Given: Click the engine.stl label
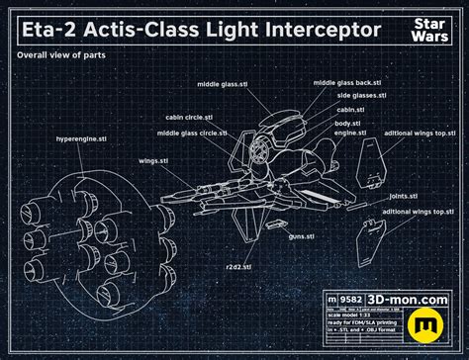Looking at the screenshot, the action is tap(351, 132).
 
